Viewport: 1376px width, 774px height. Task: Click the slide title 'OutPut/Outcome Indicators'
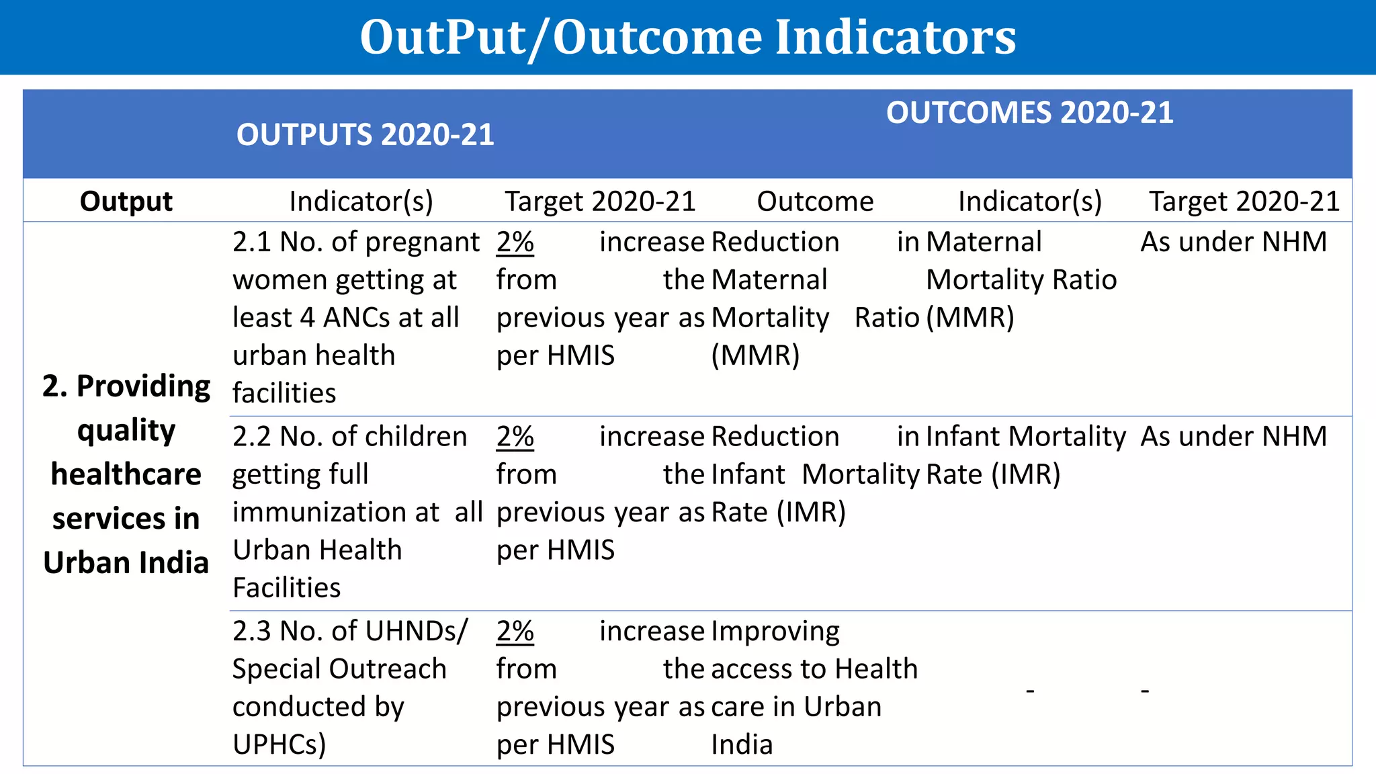pos(688,37)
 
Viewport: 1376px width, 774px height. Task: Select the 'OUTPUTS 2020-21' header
pos(365,135)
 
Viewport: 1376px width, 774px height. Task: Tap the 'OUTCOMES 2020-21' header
pos(1029,112)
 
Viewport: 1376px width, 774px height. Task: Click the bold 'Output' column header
pos(126,202)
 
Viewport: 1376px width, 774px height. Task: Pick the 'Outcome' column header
pos(815,202)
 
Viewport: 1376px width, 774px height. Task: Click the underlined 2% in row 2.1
pos(515,242)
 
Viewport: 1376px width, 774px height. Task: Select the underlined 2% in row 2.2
pos(515,437)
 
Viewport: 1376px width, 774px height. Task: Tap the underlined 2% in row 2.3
pos(515,632)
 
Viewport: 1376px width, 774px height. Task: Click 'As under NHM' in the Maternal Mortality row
pos(1234,242)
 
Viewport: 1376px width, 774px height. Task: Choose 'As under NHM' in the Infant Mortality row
pos(1234,437)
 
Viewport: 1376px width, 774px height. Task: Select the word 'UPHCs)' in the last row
pos(279,744)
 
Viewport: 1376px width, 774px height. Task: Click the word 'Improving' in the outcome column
pos(775,632)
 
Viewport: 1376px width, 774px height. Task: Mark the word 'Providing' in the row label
pos(143,387)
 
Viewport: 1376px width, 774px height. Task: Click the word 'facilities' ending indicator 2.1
pos(284,393)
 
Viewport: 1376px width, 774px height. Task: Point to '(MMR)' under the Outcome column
pos(755,355)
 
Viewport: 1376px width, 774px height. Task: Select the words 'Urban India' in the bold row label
pos(126,563)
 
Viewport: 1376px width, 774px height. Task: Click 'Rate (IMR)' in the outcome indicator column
pos(993,474)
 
